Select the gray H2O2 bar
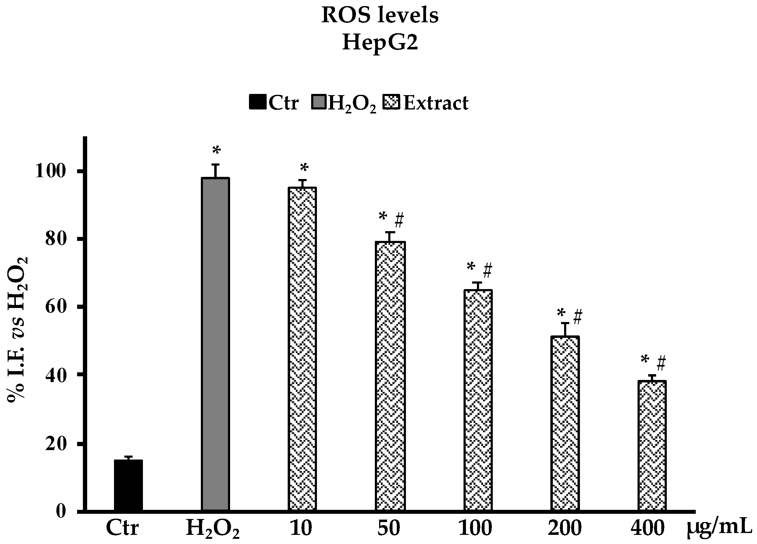(215, 344)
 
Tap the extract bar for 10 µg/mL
(302, 349)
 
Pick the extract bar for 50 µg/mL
(390, 376)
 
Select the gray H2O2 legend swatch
(319, 102)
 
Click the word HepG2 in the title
(380, 43)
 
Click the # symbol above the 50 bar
(399, 220)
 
